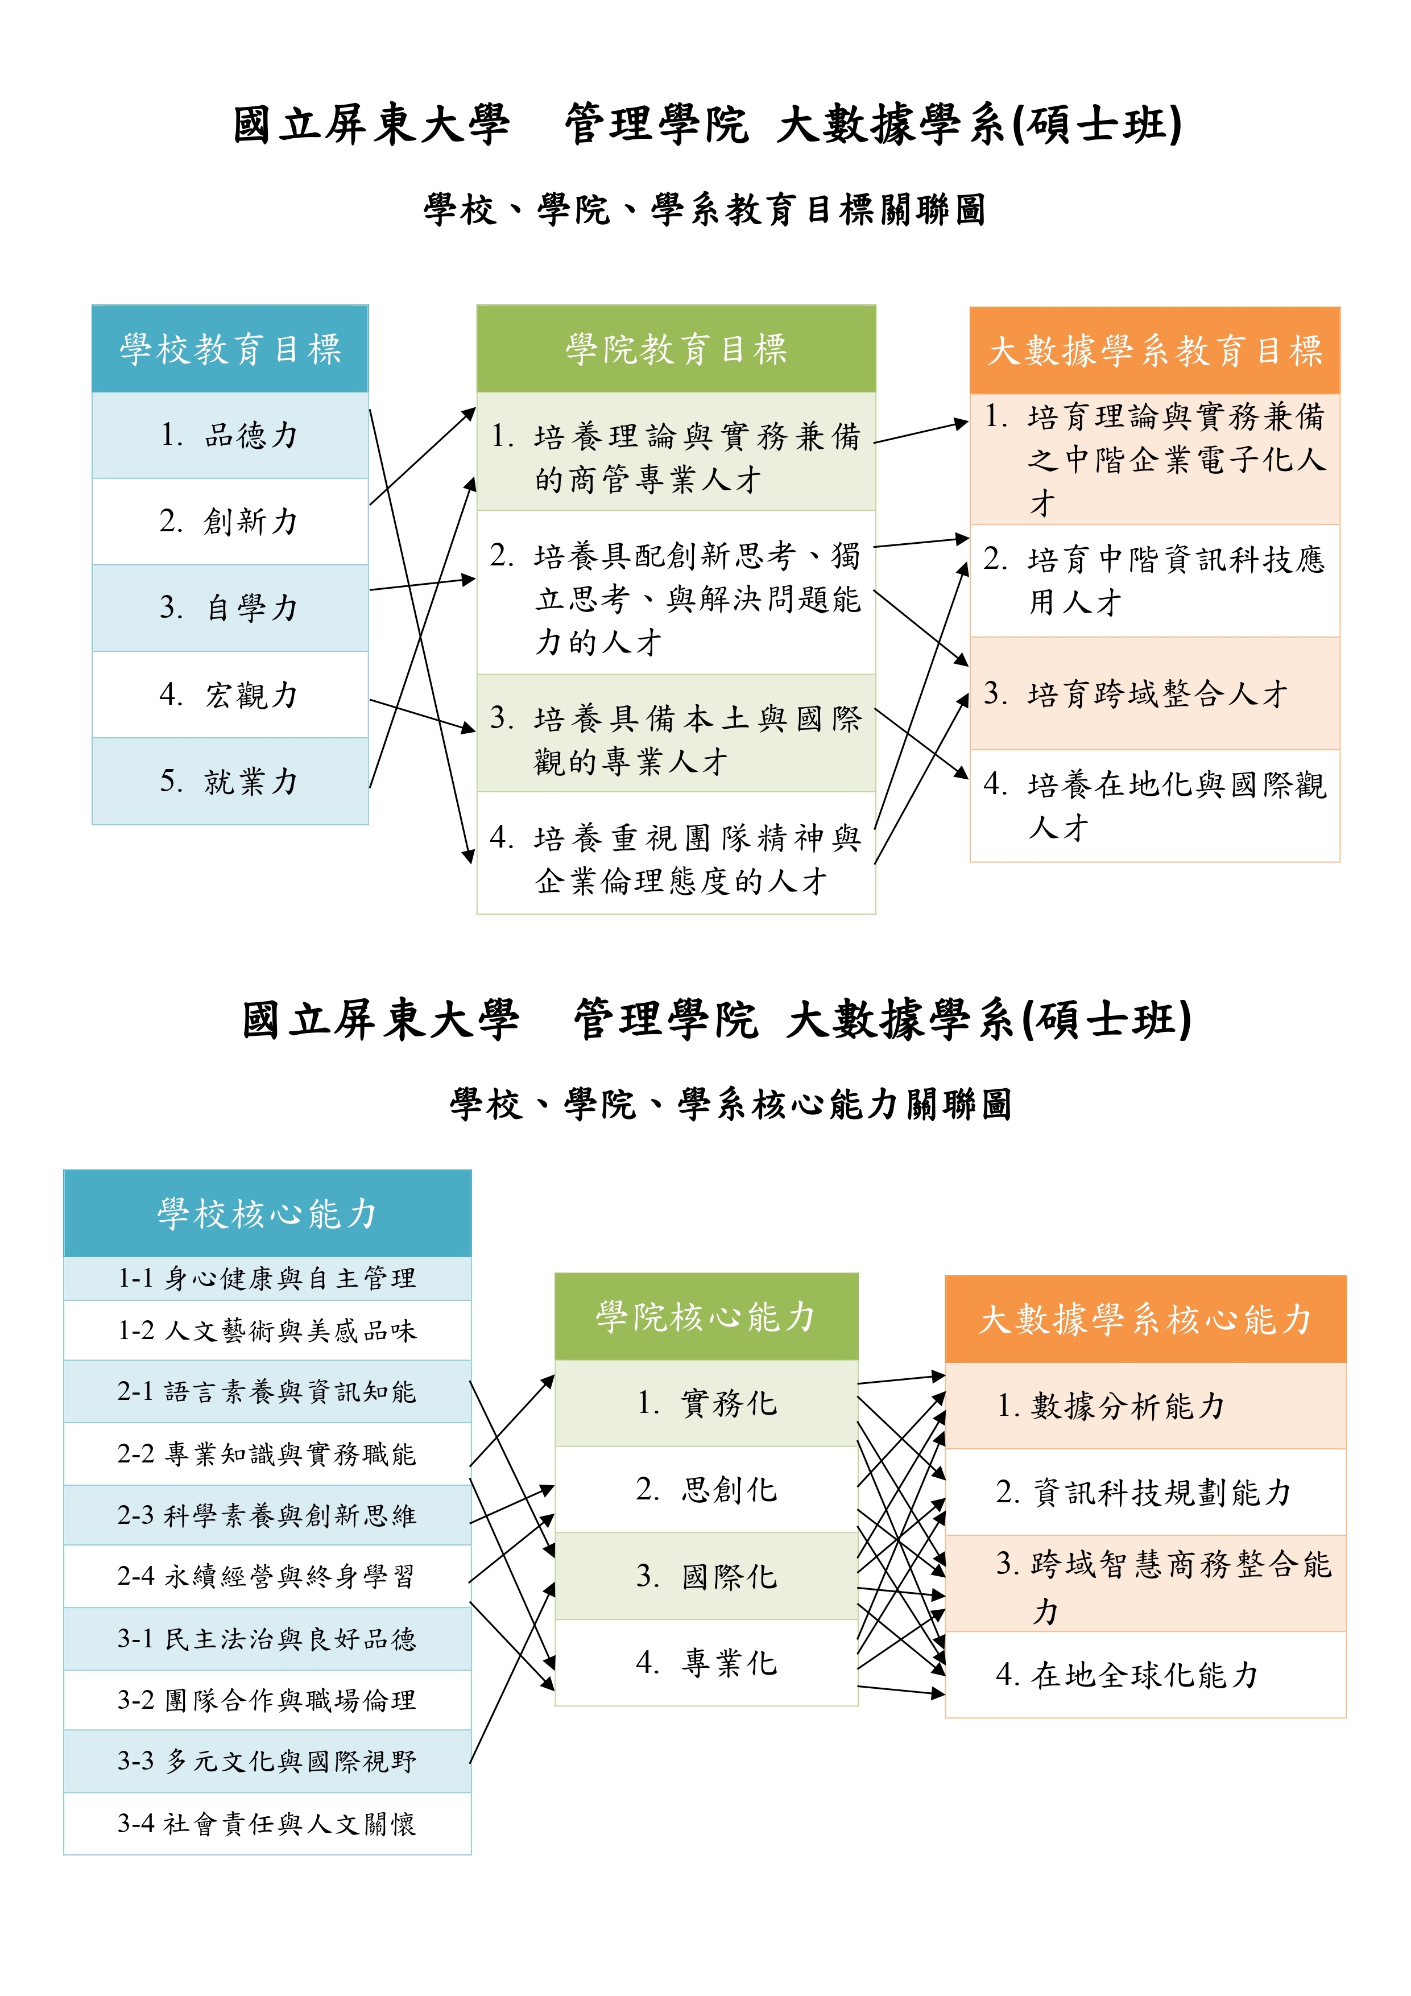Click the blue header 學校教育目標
[230, 349]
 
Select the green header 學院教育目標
[676, 349]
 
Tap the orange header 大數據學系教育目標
[1155, 350]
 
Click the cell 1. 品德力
[230, 435]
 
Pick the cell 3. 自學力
[230, 608]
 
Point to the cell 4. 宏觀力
[230, 695]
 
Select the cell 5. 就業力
[230, 780]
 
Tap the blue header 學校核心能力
[268, 1214]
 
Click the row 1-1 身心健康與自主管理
[268, 1278]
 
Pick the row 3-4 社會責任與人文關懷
[268, 1823]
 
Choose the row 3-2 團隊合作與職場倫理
[268, 1700]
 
